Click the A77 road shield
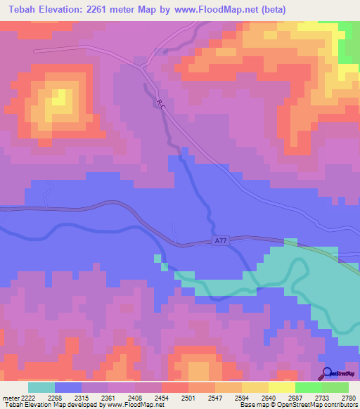pos(221,241)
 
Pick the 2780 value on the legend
pos(348,397)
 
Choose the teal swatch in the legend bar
pos(41,387)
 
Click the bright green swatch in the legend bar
pos(308,387)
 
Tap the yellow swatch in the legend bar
pos(281,387)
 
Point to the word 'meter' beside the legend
pos(8,397)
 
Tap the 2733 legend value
pos(321,397)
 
